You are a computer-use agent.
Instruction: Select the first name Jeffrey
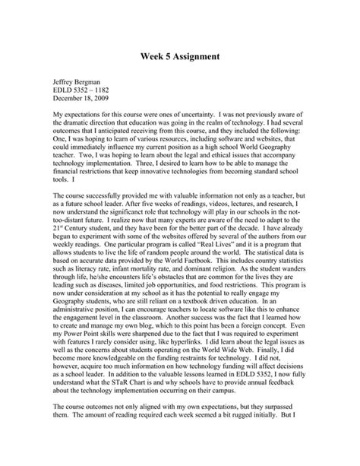coord(65,83)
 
